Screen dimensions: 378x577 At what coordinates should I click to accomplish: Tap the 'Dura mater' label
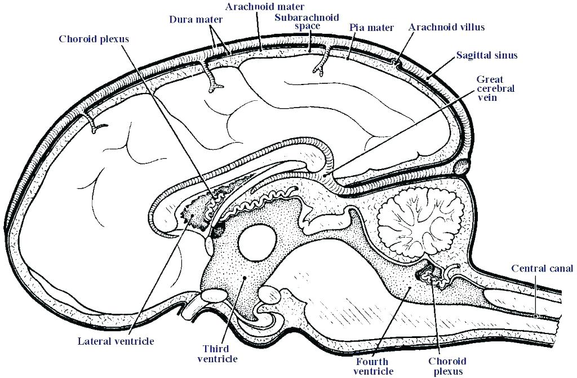tap(196, 19)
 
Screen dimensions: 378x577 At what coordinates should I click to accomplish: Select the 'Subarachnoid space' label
tap(299, 21)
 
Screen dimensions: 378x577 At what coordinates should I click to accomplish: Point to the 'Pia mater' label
tap(371, 27)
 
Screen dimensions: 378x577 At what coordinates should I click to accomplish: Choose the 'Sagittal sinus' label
tap(487, 55)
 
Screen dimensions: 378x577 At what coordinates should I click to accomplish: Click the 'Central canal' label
tap(542, 268)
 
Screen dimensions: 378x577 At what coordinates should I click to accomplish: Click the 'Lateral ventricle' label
tap(116, 341)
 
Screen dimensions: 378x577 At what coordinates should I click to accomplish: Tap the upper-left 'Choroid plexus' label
tap(94, 39)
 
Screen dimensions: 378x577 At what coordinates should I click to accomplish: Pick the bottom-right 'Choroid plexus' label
tap(445, 366)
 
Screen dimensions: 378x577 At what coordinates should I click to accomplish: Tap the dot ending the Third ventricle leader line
tap(244, 278)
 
